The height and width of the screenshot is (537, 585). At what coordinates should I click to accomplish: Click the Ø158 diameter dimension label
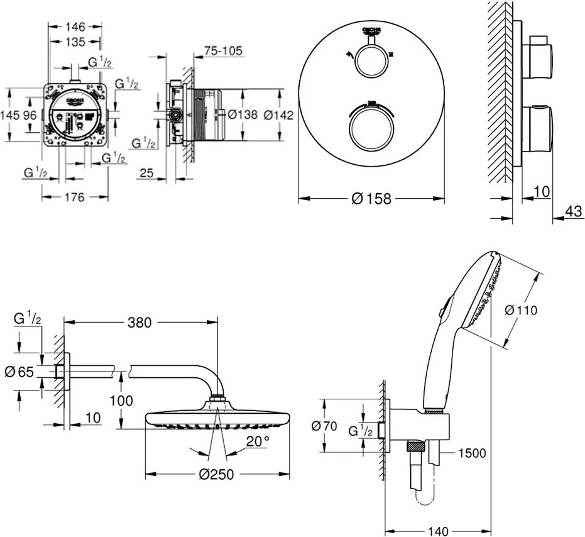coord(372,199)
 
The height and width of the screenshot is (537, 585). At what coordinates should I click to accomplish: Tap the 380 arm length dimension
coord(139,323)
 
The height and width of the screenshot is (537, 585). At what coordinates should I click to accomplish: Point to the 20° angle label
coord(258,441)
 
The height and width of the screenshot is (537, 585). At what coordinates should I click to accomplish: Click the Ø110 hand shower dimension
coord(522,309)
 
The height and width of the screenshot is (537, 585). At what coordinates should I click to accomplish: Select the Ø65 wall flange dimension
coord(19,372)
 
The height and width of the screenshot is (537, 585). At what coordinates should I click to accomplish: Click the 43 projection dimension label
coord(573,212)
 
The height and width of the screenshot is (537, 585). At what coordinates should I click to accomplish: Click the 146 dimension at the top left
coord(75,27)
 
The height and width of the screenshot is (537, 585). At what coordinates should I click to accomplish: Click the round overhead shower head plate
coord(217,419)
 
